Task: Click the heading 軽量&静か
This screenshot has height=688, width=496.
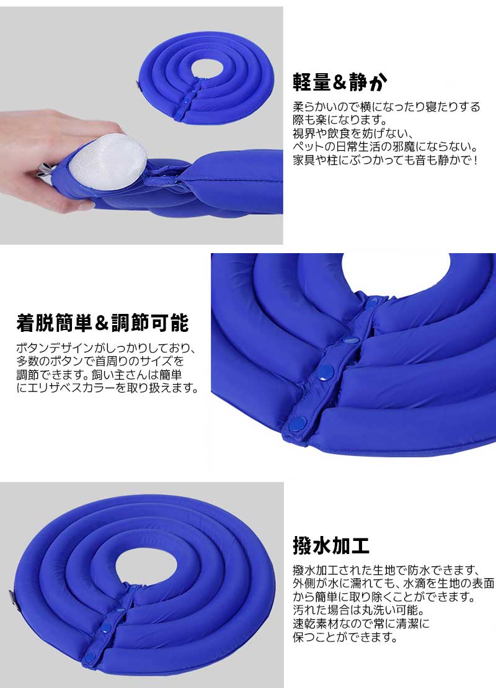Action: (340, 82)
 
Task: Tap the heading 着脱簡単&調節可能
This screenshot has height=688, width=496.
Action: (103, 323)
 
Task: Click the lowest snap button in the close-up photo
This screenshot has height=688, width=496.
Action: (298, 424)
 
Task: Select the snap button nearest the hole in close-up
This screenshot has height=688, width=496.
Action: (373, 302)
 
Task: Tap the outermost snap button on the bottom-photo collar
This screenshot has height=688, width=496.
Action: (91, 657)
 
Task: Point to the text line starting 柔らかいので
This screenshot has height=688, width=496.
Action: (386, 107)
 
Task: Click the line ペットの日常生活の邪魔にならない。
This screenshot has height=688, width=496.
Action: (386, 146)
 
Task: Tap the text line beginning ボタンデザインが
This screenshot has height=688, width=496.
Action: (105, 348)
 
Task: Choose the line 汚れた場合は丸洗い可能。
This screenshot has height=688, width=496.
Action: (359, 610)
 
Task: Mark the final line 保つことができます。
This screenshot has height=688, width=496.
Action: (345, 637)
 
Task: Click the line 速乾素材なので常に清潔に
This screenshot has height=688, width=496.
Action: (361, 623)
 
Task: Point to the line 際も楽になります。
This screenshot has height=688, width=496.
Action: (340, 120)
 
